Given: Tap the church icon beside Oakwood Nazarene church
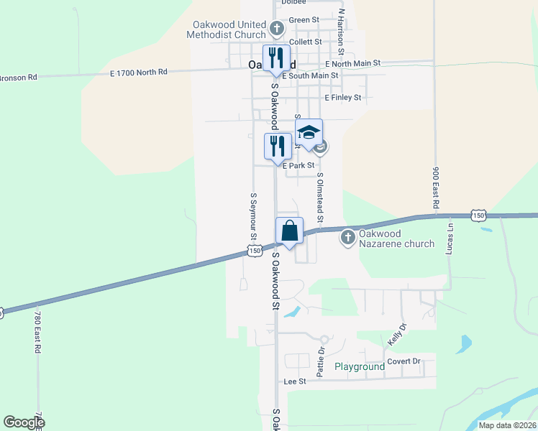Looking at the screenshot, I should [x=348, y=236].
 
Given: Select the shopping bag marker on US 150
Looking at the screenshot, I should [x=289, y=232].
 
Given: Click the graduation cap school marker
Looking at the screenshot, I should [x=309, y=134].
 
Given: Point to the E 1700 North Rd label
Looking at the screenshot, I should [x=139, y=72].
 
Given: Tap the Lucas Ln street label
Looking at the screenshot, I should [x=451, y=237].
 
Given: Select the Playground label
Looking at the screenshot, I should [x=360, y=367].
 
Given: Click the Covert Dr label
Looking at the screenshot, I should [x=403, y=361].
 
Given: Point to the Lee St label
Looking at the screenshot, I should [x=295, y=381].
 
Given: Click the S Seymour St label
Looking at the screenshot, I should [x=253, y=215].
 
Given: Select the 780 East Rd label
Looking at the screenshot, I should [x=37, y=330].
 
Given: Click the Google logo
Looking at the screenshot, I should [x=24, y=422].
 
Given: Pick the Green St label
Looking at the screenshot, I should [x=303, y=20].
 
